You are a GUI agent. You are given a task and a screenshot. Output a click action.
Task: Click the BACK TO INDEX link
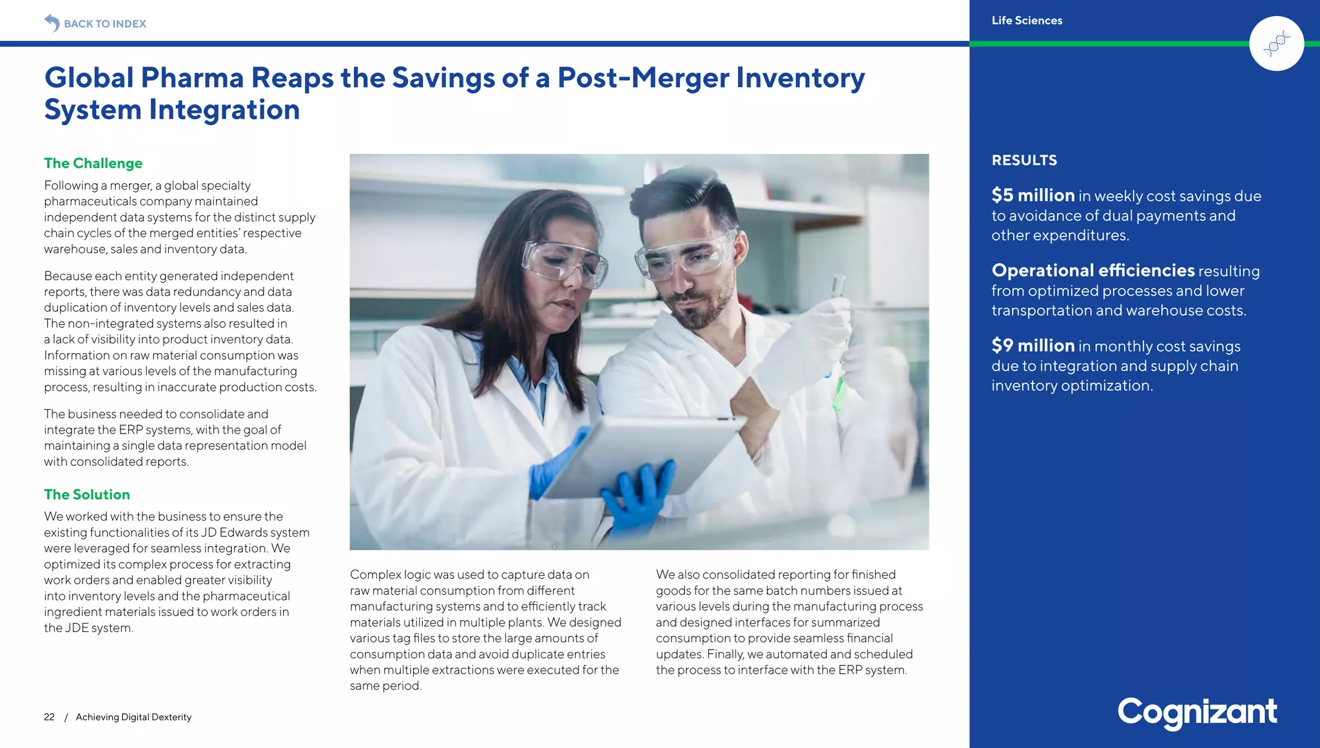[105, 24]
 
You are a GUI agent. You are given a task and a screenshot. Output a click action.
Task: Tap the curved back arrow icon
[52, 23]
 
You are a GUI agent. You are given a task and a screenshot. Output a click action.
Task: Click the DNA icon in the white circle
[1276, 44]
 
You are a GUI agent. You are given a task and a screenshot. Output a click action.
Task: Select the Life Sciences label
[1027, 21]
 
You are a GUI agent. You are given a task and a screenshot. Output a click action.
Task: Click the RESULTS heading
[1024, 160]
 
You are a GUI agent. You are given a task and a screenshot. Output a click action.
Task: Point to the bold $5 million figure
[1033, 195]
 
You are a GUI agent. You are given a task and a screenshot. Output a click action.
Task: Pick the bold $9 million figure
[1033, 345]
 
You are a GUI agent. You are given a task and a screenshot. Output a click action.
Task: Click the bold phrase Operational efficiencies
[1092, 271]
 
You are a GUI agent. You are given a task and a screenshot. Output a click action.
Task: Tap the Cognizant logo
[1197, 712]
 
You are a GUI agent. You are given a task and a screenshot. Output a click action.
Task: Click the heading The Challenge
[93, 164]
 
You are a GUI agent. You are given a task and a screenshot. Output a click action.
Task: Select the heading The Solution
[87, 495]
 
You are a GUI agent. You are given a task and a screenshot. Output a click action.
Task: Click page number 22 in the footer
[49, 717]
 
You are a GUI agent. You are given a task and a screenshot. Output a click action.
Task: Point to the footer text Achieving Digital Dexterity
[133, 717]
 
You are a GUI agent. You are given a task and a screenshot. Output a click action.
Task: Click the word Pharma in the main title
[192, 78]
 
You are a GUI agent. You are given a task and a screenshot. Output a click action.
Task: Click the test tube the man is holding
[838, 341]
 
